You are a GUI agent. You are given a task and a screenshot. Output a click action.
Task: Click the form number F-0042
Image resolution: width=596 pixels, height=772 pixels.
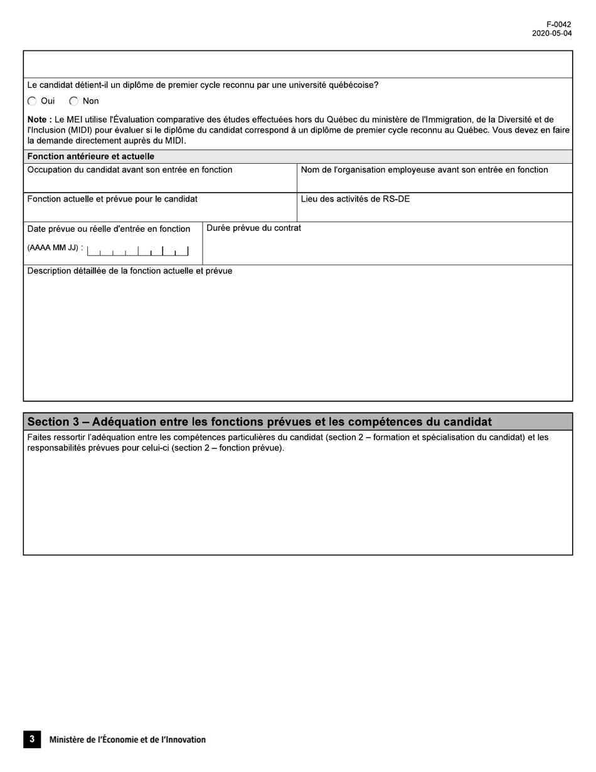point(558,25)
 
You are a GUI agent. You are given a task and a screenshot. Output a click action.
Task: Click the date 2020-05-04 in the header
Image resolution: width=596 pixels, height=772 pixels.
point(551,34)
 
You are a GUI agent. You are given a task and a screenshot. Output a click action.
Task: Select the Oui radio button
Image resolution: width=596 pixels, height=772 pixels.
point(33,101)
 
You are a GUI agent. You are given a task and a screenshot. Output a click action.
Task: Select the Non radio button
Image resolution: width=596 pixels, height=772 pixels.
point(74,101)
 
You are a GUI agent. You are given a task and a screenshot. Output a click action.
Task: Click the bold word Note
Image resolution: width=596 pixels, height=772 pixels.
point(39,119)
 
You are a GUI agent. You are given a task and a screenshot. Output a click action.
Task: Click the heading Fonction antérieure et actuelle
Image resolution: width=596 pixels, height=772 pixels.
point(91,156)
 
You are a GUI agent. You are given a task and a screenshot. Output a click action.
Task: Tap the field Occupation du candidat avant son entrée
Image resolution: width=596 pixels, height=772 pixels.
point(160,182)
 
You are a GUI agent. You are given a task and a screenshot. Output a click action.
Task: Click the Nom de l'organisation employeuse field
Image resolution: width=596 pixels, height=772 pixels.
point(434,182)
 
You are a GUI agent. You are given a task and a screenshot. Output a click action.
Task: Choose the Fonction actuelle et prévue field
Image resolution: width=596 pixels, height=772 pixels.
point(160,211)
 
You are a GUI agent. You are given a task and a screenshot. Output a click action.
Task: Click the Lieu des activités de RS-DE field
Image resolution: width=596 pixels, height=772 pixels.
point(434,211)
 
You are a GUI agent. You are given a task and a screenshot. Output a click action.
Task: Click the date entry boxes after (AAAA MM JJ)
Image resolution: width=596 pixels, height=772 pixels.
point(137,251)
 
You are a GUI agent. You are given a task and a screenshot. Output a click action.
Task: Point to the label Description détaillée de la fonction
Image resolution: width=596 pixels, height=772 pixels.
point(130,271)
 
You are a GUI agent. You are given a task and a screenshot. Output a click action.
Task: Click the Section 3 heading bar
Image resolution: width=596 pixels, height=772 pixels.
point(298,422)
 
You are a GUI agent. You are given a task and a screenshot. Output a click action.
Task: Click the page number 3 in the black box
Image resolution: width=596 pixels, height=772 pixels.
point(32,739)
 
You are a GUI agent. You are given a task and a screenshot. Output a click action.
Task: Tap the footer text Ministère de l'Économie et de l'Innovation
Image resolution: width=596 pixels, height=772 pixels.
point(127,740)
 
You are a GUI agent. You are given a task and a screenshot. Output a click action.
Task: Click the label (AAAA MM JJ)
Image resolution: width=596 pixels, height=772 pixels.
point(55,247)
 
